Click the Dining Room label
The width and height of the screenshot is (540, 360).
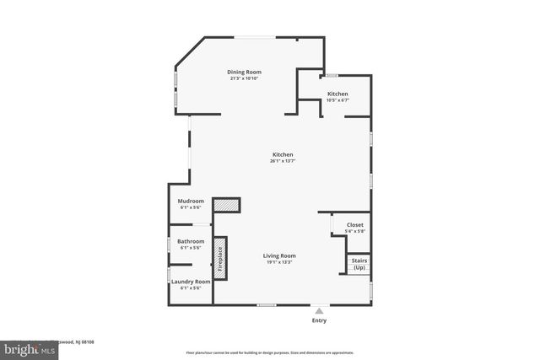pyautogui.click(x=241, y=72)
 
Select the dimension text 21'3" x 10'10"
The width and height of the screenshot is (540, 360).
pyautogui.click(x=241, y=78)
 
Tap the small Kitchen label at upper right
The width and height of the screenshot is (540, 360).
pyautogui.click(x=337, y=94)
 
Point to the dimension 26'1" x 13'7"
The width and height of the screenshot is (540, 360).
pyautogui.click(x=282, y=161)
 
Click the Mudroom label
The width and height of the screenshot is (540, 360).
pyautogui.click(x=191, y=201)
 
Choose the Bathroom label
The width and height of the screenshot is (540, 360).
pyautogui.click(x=191, y=241)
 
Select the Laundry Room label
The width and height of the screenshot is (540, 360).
pyautogui.click(x=191, y=282)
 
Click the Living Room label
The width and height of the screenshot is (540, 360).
pyautogui.click(x=279, y=255)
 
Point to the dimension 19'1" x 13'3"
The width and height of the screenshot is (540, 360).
pyautogui.click(x=279, y=262)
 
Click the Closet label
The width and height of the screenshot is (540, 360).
pyautogui.click(x=354, y=225)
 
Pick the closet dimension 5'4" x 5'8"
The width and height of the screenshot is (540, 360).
pyautogui.click(x=354, y=232)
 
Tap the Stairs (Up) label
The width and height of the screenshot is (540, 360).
pyautogui.click(x=359, y=263)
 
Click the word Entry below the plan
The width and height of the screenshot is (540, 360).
pyautogui.click(x=319, y=320)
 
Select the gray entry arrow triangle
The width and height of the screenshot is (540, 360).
pyautogui.click(x=319, y=310)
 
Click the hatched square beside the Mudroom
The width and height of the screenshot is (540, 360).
pyautogui.click(x=226, y=204)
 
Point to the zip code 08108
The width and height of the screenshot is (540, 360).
pyautogui.click(x=87, y=341)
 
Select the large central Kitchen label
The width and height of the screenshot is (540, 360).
pyautogui.click(x=282, y=154)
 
